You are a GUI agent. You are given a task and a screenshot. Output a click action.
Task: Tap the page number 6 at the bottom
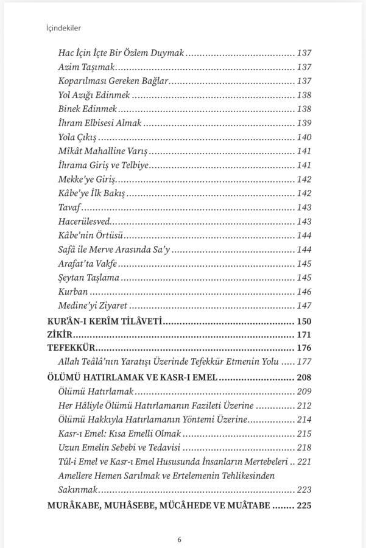coord(179,539)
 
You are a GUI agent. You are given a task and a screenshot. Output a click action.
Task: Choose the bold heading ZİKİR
coord(60,334)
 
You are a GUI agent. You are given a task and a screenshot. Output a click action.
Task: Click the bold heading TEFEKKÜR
coord(72,348)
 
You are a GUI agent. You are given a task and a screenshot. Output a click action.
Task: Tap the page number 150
coord(303,320)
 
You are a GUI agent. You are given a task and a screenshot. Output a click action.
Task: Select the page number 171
coord(303,334)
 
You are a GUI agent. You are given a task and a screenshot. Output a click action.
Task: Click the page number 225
coord(303,505)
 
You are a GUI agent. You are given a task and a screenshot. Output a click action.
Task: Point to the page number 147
coord(304,306)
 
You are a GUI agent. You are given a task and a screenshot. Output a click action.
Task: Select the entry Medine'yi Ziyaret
coord(93,306)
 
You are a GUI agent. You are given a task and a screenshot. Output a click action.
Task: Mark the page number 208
coord(303,377)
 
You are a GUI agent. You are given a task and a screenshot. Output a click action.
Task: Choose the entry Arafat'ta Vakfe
coord(87,264)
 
